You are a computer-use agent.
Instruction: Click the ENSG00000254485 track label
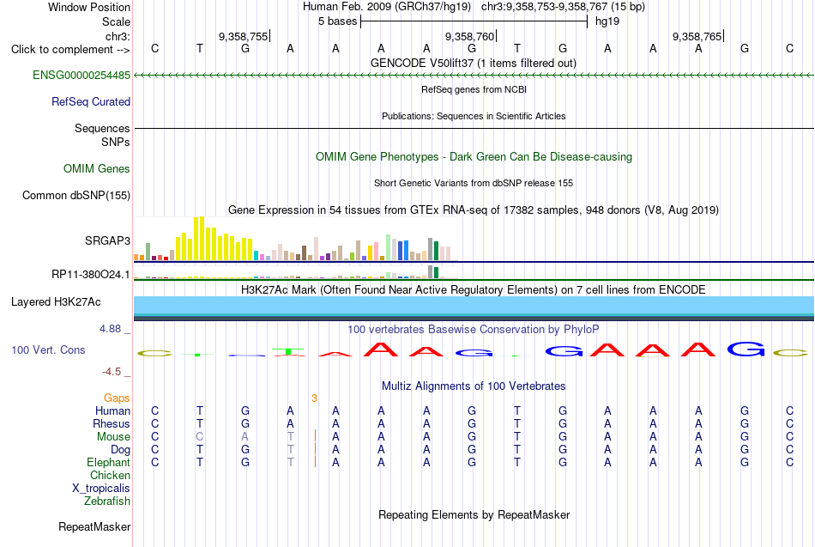(81, 75)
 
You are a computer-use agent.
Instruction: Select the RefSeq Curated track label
(90, 101)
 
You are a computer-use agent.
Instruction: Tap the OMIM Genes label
(97, 168)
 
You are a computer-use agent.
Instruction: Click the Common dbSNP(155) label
(75, 195)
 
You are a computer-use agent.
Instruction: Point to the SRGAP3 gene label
(107, 240)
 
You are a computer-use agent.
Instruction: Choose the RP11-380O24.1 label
(90, 274)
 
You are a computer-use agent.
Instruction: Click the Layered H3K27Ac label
(56, 302)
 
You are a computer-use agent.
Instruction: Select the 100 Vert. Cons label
(48, 349)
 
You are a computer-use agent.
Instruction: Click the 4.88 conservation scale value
(110, 329)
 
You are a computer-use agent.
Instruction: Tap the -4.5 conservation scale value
(112, 372)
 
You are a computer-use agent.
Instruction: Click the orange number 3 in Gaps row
(314, 398)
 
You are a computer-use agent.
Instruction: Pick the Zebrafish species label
(107, 501)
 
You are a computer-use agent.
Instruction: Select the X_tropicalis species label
(101, 489)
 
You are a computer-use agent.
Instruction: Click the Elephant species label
(108, 462)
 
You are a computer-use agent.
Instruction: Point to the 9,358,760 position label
(469, 36)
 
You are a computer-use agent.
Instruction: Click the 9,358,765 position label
(697, 36)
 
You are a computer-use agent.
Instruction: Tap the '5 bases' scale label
(338, 21)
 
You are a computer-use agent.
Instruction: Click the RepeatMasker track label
(94, 526)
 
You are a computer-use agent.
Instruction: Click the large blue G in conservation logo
(746, 349)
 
